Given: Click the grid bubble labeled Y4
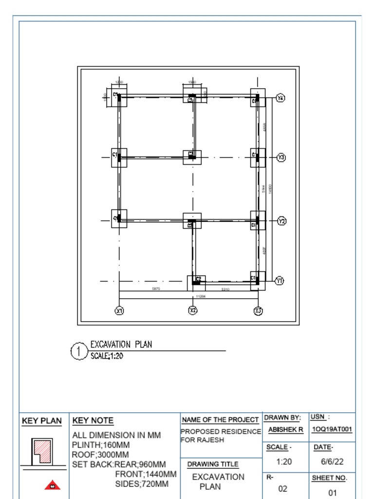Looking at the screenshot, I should (280, 98).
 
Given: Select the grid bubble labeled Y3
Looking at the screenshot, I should (281, 157).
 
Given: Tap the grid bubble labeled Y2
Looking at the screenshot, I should (281, 221).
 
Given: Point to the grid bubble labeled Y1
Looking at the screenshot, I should (279, 280).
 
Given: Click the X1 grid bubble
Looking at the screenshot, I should (119, 310).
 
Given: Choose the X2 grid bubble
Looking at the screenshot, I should (193, 310).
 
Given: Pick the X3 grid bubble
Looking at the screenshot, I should (258, 310).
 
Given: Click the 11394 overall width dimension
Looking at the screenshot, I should (200, 296).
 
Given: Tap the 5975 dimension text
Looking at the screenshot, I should (156, 289).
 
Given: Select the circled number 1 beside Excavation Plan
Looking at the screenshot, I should (78, 351).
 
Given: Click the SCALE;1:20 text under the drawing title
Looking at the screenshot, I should (107, 356).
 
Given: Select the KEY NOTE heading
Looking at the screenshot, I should (93, 421).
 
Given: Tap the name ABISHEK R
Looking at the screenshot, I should (286, 430).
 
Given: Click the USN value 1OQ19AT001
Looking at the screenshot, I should (332, 430).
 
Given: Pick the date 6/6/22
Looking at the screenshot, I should (332, 461).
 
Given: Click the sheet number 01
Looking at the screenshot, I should (332, 493).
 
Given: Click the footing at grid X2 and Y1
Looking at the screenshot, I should (196, 282).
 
